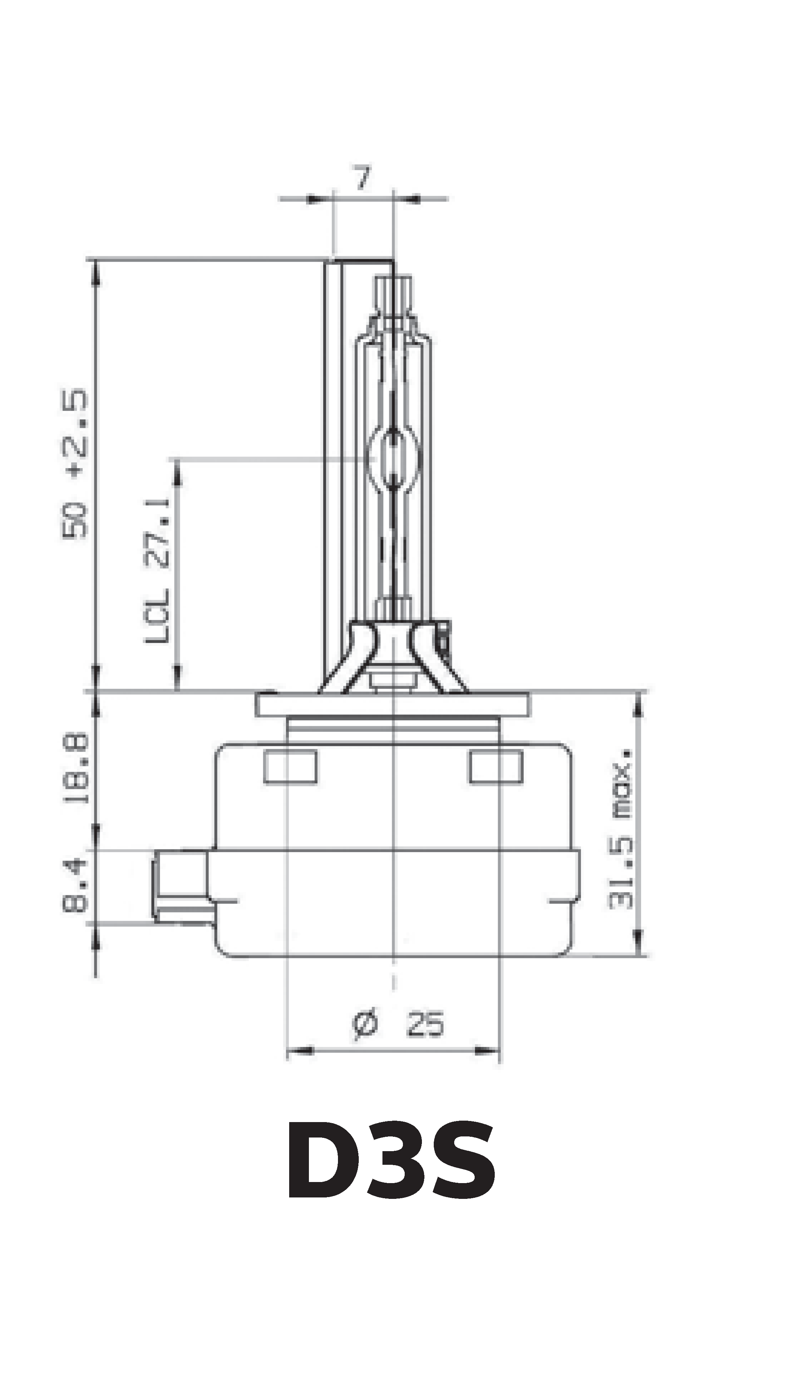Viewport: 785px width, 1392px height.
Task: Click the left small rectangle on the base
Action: tap(291, 767)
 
